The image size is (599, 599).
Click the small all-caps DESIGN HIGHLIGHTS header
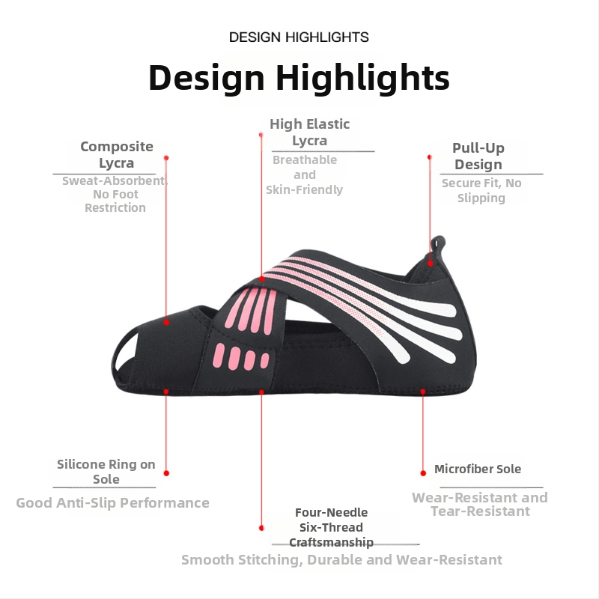[x=299, y=37]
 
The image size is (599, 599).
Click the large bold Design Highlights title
[x=299, y=78]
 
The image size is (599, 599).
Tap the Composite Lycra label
[x=117, y=154]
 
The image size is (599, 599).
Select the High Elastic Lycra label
[x=309, y=132]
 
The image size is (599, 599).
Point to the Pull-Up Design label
[x=478, y=156]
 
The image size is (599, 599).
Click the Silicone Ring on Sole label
[x=106, y=472]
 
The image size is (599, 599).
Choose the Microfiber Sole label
[x=478, y=469]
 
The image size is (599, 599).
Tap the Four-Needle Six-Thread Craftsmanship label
[x=331, y=527]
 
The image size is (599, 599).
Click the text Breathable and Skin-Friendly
[x=305, y=174]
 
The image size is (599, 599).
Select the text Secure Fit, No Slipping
[x=481, y=190]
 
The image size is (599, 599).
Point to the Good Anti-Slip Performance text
[x=113, y=502]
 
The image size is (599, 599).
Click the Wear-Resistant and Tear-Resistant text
[x=480, y=504]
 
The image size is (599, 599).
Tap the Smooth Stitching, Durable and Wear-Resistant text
[x=341, y=559]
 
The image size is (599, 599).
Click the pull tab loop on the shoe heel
[x=437, y=247]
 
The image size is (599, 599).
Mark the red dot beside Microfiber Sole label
[x=423, y=473]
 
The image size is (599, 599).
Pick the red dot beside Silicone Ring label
[x=166, y=473]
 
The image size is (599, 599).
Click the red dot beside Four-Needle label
[x=261, y=528]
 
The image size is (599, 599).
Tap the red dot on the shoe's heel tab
[x=430, y=264]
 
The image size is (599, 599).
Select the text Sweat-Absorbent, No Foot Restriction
[x=115, y=194]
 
